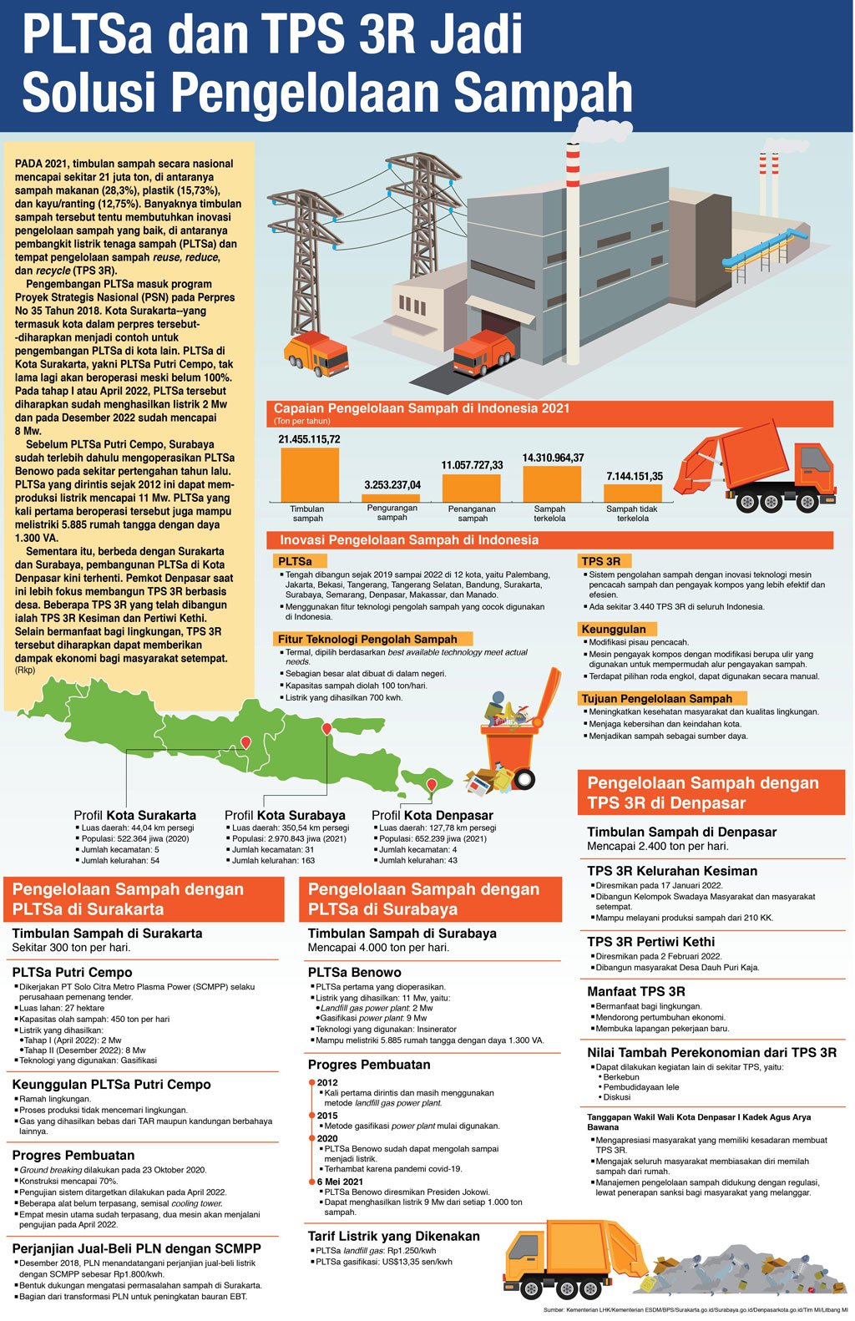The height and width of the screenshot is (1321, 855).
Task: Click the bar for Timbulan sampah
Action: [x=310, y=474]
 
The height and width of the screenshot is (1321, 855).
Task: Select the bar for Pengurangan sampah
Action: [x=392, y=498]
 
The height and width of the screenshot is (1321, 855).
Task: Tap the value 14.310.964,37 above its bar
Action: [x=553, y=458]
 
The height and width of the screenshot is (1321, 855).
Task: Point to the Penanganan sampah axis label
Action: [x=472, y=514]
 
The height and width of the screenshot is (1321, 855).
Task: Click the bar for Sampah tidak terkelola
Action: [x=632, y=493]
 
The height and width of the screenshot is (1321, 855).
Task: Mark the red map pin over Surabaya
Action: [x=326, y=730]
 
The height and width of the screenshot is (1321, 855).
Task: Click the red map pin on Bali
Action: [x=432, y=785]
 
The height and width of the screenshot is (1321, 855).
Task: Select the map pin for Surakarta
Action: [x=245, y=742]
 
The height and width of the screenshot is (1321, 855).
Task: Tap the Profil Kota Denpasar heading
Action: [x=432, y=815]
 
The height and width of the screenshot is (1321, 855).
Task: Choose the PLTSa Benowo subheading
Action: [x=354, y=972]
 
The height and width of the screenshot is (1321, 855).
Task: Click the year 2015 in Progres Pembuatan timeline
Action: [x=327, y=1116]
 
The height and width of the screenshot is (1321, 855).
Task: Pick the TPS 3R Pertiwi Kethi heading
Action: [x=650, y=942]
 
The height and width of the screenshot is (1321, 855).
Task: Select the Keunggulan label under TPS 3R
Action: [x=614, y=629]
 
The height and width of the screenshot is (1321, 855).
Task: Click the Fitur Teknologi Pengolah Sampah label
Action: [x=367, y=639]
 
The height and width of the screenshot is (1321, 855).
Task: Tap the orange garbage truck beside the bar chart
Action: [x=756, y=468]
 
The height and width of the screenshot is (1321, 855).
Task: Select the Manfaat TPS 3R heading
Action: [x=635, y=991]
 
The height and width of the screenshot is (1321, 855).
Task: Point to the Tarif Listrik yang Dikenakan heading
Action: [x=393, y=1236]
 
